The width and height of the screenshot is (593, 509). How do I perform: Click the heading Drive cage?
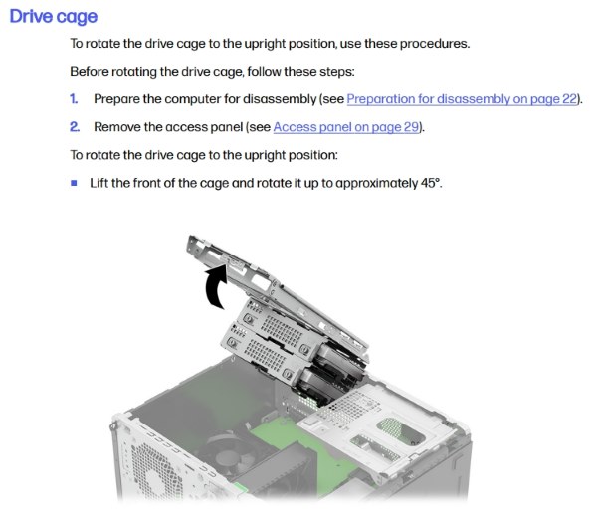(54, 17)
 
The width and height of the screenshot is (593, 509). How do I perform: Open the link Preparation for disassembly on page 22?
(462, 99)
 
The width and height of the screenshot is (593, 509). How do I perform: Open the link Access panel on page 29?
(346, 127)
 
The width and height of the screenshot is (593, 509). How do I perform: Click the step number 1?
(74, 99)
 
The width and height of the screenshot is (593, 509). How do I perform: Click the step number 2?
(75, 127)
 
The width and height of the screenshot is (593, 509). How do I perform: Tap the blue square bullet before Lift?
(74, 183)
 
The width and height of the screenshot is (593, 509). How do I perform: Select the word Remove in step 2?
(117, 127)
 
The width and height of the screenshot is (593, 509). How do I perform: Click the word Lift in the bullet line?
(99, 183)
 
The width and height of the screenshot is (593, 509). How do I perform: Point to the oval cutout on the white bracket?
(401, 430)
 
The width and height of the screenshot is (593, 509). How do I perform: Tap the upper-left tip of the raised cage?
(189, 237)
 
